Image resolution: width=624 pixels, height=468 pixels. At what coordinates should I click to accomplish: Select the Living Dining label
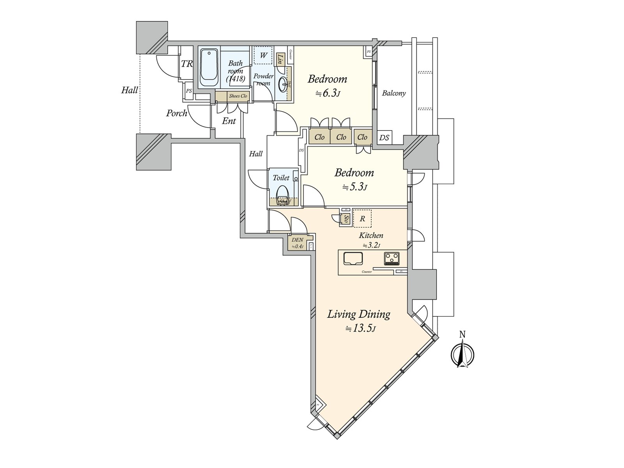click(358, 314)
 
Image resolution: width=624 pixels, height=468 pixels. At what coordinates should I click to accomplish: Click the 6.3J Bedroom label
click(327, 79)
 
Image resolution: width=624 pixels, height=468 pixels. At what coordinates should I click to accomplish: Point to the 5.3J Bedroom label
click(354, 173)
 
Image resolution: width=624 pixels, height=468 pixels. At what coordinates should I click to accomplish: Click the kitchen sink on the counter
click(353, 259)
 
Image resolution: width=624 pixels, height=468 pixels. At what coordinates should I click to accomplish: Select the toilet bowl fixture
click(282, 192)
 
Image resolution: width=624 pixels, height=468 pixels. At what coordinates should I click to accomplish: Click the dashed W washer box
click(263, 55)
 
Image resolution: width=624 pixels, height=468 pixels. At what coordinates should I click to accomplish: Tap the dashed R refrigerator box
click(362, 219)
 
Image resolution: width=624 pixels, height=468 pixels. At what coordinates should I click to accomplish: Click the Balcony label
click(394, 93)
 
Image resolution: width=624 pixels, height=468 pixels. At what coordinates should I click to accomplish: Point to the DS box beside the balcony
click(384, 137)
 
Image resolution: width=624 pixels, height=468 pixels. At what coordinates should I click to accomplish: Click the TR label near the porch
click(187, 64)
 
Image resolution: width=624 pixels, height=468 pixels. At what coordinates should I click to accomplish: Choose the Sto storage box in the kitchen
click(346, 219)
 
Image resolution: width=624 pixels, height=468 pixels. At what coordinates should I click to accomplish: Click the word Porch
click(177, 113)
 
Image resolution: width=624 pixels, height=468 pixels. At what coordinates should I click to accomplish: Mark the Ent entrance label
click(229, 121)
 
